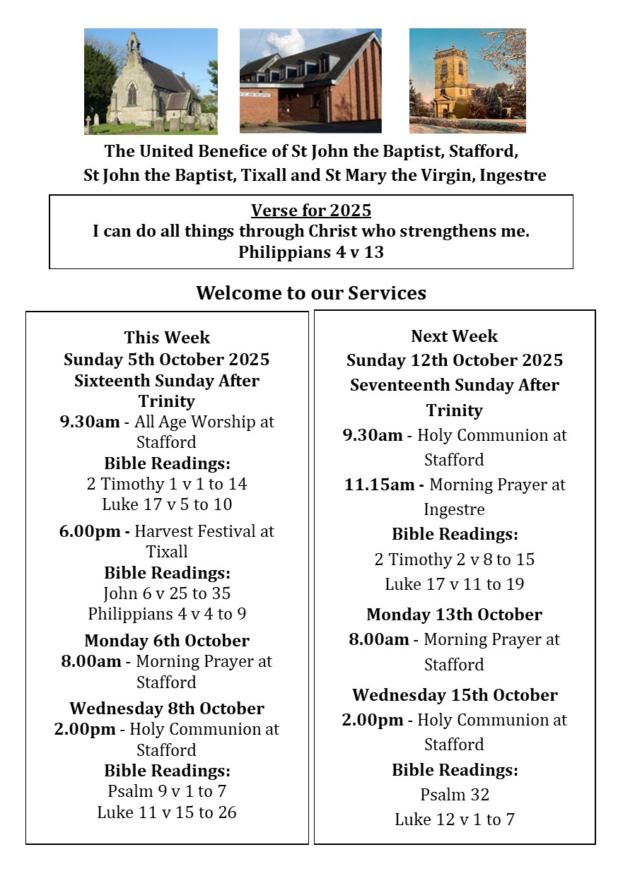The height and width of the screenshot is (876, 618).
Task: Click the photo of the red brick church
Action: point(310,81)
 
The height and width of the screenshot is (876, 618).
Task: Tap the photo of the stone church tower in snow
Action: point(467,81)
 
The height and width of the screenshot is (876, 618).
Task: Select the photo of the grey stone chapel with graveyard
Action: point(151,81)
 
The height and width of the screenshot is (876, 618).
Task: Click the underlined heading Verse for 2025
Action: point(311,211)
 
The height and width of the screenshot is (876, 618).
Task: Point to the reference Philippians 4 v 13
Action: point(311,252)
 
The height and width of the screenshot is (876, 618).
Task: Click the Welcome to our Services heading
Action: point(311,292)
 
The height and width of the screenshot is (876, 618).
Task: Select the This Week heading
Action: point(167,338)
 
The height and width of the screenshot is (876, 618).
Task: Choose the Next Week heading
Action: point(455,336)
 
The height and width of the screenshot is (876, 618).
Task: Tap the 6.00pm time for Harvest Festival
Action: point(89,531)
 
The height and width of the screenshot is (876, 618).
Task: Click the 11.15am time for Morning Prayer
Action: point(383,485)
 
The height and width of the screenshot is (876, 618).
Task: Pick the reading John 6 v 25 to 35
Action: point(167,593)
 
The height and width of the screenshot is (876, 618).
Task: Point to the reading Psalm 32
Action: point(455,795)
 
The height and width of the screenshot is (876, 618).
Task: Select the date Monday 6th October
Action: point(167,641)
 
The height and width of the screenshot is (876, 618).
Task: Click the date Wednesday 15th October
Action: point(455,695)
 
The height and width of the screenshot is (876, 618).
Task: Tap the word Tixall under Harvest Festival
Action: point(167,551)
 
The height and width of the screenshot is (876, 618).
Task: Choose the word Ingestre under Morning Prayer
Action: point(455,509)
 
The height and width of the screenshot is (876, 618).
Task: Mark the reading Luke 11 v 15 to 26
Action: point(167,812)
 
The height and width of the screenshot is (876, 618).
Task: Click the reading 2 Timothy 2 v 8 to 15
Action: point(455,560)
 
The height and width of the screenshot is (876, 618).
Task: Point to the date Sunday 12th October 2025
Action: point(455,360)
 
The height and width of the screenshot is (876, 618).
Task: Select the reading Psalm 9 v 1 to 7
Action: point(167,791)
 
